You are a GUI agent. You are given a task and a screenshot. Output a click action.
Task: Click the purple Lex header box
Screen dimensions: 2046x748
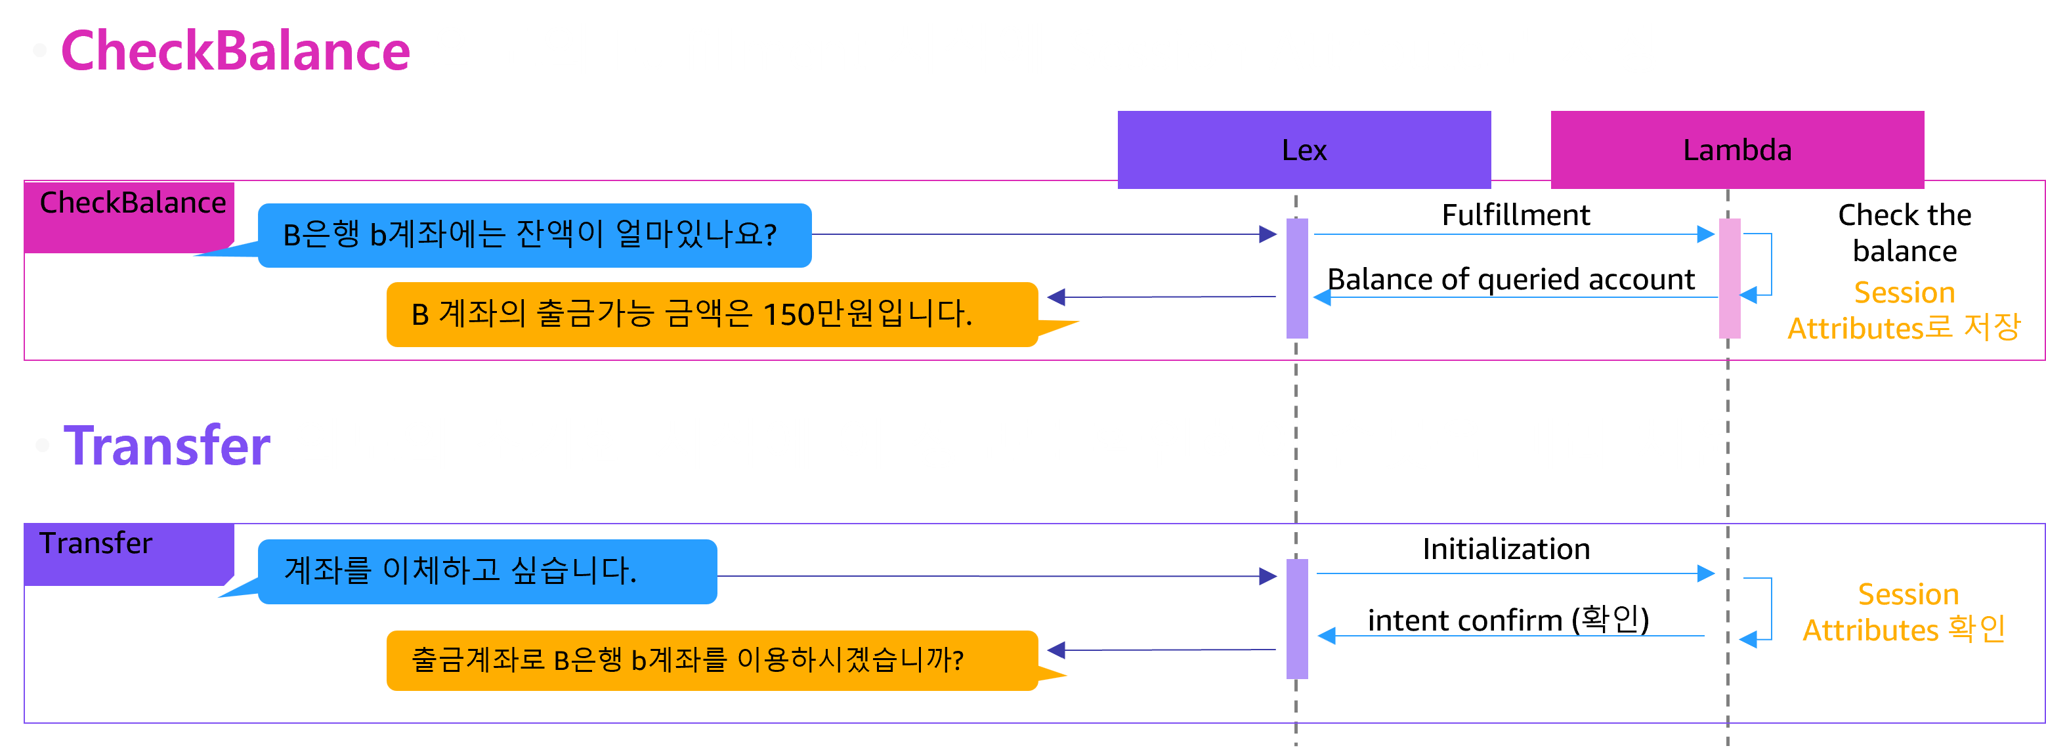1304,150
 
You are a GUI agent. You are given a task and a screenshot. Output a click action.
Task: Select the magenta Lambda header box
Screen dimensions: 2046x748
1737,150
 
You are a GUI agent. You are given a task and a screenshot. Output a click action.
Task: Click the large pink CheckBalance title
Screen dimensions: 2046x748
235,51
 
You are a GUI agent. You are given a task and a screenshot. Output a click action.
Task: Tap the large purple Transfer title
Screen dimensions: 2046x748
167,446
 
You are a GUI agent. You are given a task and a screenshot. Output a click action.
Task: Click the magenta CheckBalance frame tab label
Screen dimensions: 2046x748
133,203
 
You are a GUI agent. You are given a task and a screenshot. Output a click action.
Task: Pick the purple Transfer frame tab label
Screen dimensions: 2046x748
95,543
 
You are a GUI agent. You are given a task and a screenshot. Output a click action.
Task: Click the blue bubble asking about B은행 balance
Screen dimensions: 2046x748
534,235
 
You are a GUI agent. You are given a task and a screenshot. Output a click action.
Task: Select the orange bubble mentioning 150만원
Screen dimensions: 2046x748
712,314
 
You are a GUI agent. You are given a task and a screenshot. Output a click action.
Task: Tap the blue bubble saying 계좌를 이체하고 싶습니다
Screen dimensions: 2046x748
487,571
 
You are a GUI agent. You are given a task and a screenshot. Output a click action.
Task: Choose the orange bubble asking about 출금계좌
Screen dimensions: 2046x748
712,660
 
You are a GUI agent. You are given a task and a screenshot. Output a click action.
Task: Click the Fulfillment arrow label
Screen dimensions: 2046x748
1516,215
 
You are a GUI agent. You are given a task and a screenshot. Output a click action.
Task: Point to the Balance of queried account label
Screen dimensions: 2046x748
1510,280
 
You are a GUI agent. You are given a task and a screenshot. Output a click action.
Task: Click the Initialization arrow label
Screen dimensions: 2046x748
1506,549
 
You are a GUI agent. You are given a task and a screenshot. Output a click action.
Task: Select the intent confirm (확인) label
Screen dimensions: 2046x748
1508,619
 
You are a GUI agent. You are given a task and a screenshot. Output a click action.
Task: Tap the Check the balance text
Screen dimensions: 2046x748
1905,233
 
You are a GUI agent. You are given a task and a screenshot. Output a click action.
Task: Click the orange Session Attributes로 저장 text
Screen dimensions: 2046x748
1904,310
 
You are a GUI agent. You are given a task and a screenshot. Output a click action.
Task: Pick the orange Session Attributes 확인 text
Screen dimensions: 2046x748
1904,612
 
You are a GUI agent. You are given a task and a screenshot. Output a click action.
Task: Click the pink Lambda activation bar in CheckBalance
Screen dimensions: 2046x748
1729,278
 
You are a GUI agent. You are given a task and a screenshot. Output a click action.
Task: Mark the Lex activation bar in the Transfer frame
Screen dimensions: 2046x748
1297,619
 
